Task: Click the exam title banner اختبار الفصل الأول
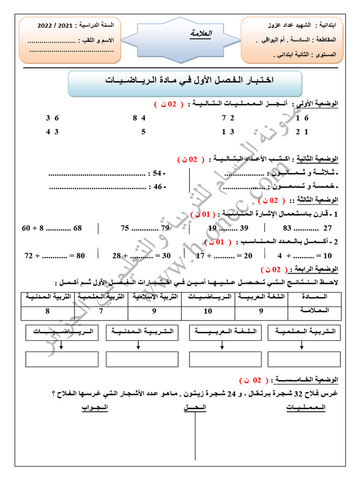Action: coord(187,81)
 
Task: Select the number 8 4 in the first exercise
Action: coord(139,119)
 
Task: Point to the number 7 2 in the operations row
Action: coord(228,119)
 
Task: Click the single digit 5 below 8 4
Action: coord(143,132)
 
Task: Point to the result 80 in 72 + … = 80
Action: coord(80,255)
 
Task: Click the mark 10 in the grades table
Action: coord(208,310)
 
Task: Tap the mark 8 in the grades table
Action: coord(47,310)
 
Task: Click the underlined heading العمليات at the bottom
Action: coord(306,408)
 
